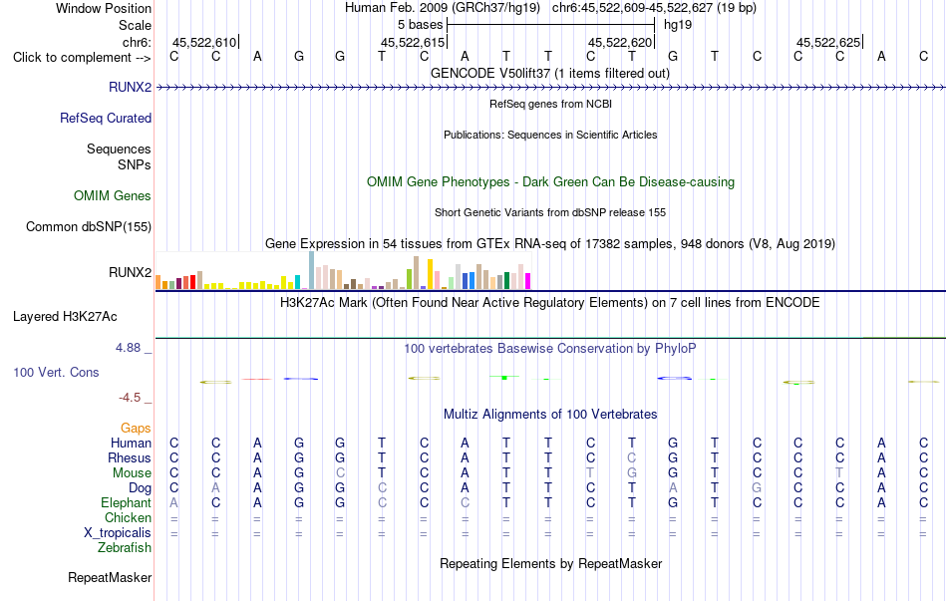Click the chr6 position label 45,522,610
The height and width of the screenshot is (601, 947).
(204, 42)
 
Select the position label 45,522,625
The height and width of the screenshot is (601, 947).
(828, 42)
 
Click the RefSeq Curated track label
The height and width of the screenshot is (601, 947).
(106, 119)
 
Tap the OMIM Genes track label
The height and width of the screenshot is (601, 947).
(113, 195)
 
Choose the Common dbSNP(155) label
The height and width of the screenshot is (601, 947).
(89, 226)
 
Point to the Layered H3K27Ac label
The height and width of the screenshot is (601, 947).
(65, 317)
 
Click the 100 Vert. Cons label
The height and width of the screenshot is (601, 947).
(56, 372)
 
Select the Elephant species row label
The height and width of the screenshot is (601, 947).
(127, 502)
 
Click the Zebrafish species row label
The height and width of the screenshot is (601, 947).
(125, 548)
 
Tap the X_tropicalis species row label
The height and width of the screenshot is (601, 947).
(118, 533)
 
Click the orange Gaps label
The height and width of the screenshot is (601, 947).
(136, 429)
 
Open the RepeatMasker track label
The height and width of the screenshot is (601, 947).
(110, 578)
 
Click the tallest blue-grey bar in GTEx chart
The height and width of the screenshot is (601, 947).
(312, 270)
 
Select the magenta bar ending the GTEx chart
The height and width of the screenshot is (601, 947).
(528, 281)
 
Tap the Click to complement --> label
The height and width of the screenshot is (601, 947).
(82, 58)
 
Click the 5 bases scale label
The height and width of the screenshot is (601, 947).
(421, 25)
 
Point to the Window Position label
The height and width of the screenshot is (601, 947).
(104, 8)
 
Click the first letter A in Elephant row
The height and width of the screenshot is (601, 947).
(173, 502)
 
